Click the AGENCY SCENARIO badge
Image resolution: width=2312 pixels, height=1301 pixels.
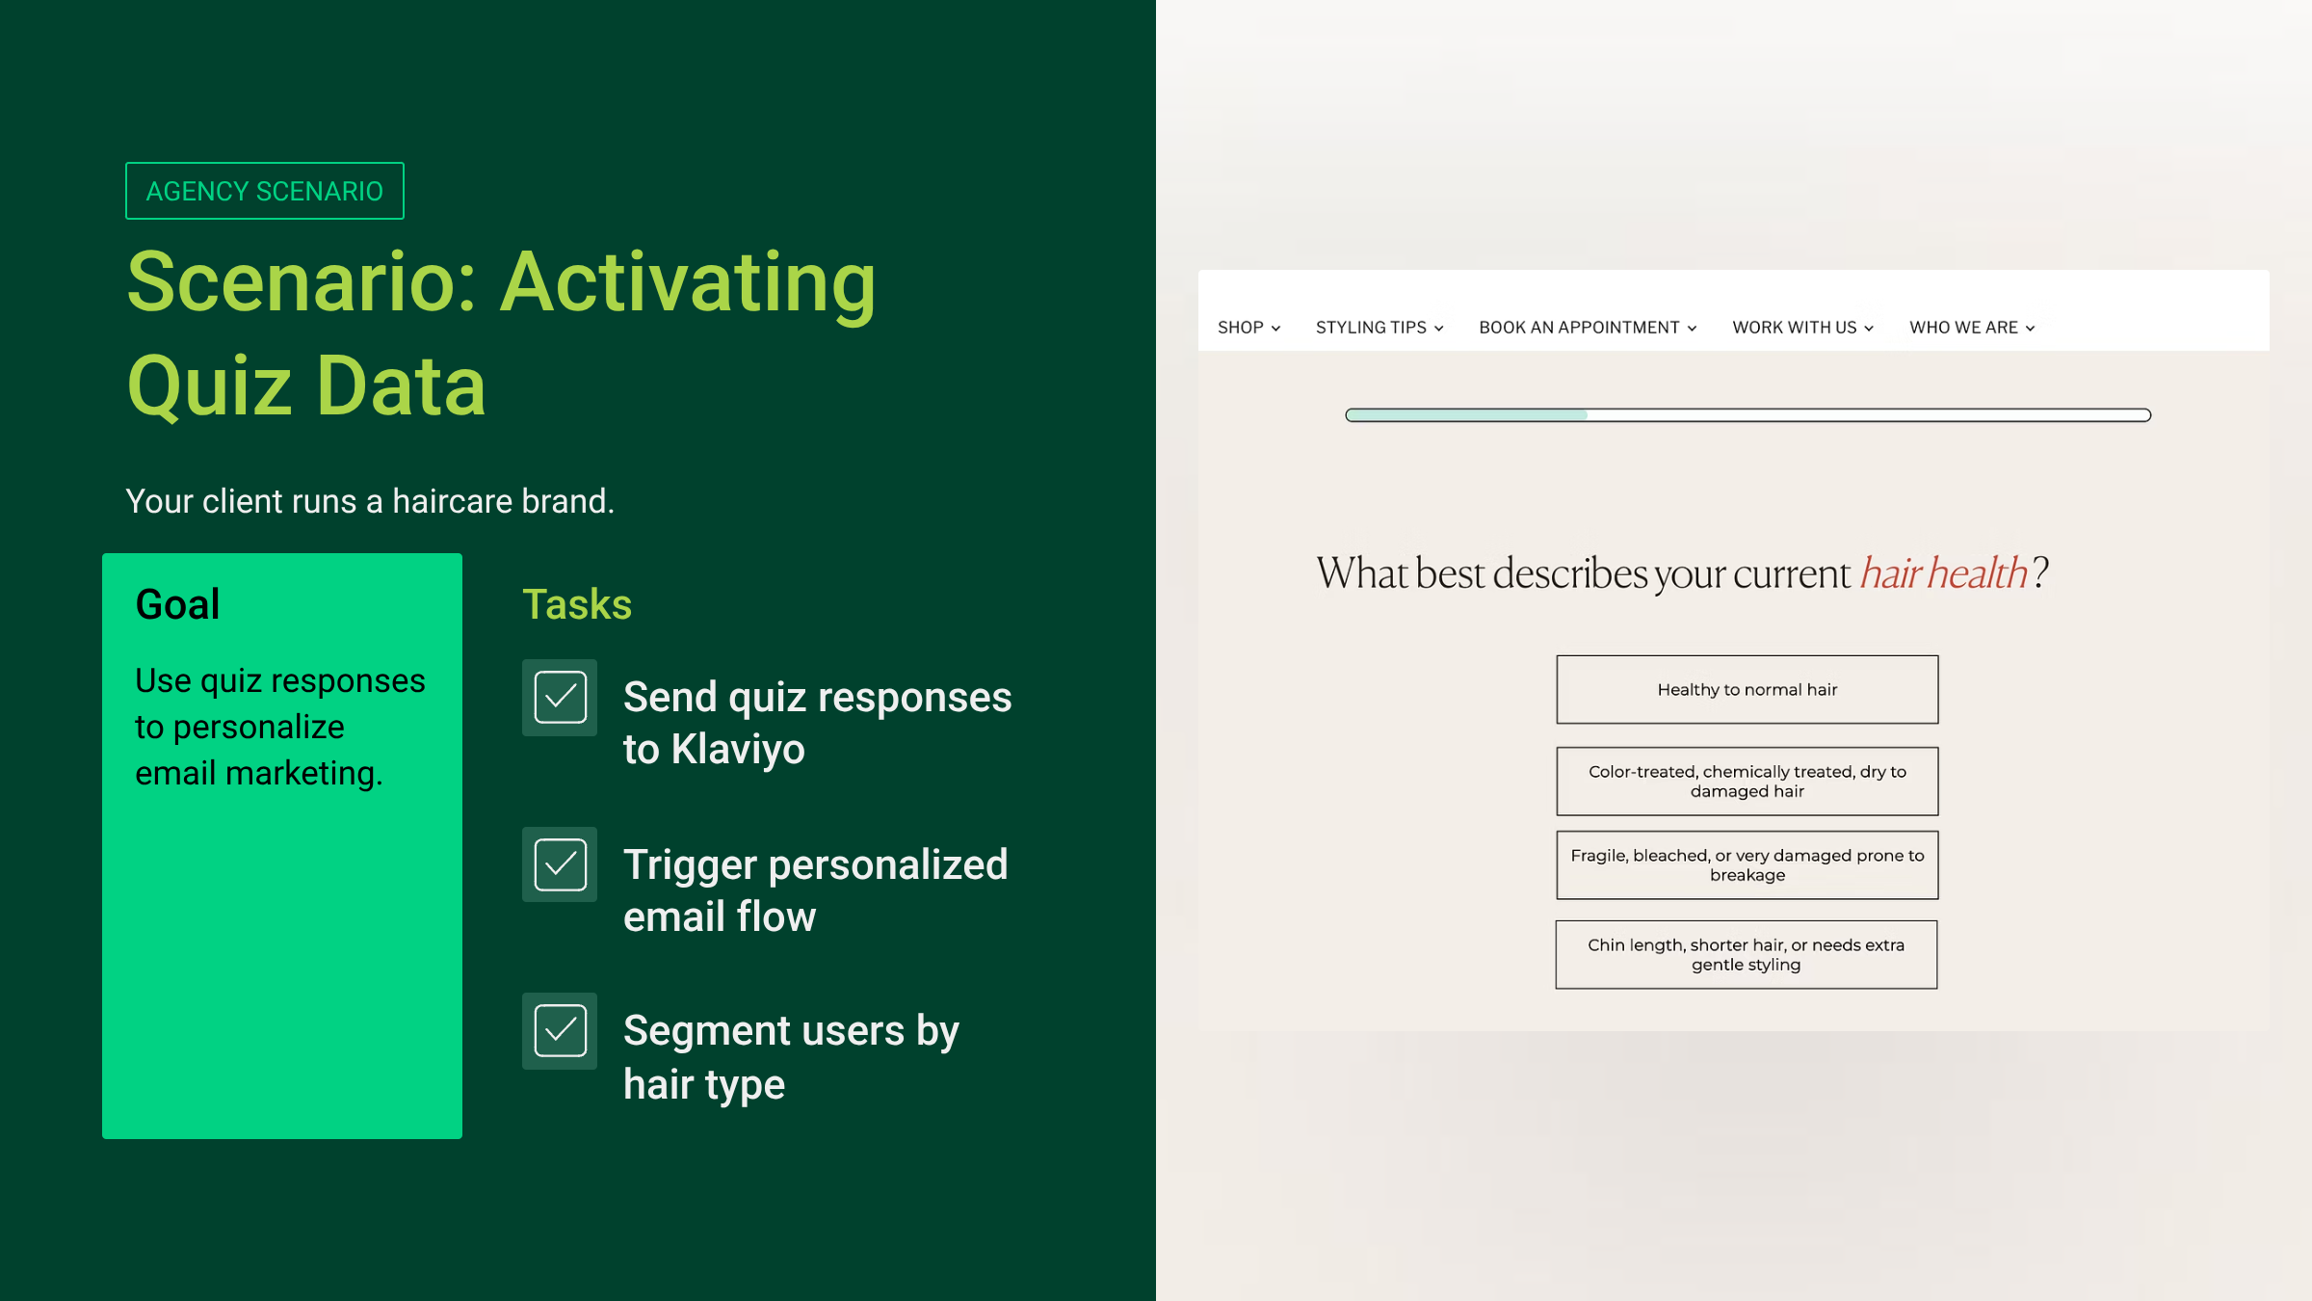coord(265,191)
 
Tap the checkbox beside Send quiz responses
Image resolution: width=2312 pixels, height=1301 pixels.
coord(560,698)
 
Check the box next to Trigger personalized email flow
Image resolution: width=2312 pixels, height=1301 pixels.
coord(560,864)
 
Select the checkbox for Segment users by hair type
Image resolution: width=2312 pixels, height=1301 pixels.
coord(560,1031)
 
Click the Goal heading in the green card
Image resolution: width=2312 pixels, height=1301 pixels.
coord(177,604)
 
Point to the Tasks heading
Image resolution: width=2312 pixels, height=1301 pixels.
coord(577,604)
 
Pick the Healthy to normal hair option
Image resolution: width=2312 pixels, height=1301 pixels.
coord(1747,690)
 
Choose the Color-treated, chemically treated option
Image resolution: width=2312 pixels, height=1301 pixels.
coord(1747,782)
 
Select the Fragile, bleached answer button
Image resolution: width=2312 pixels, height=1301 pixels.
coord(1747,865)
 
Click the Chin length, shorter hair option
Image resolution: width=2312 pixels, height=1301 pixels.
coord(1747,955)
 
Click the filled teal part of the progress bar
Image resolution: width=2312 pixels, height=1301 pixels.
coord(1467,415)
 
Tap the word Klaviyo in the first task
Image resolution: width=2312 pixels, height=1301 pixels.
coord(738,750)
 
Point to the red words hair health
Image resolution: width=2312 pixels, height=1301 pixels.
coord(1944,573)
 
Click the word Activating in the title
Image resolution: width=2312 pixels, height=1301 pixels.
coord(688,284)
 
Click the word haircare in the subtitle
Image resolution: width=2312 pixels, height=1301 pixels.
coord(453,501)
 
